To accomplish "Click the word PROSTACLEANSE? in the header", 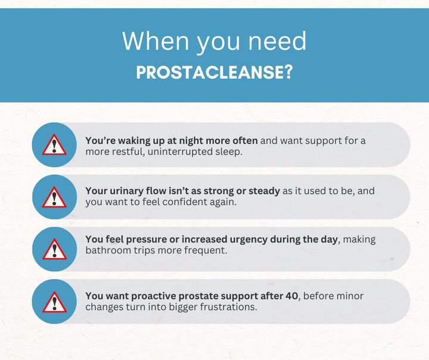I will (x=214, y=72).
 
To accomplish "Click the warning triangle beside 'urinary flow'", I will (x=54, y=197).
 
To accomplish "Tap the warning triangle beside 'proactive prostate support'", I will (x=54, y=302).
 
